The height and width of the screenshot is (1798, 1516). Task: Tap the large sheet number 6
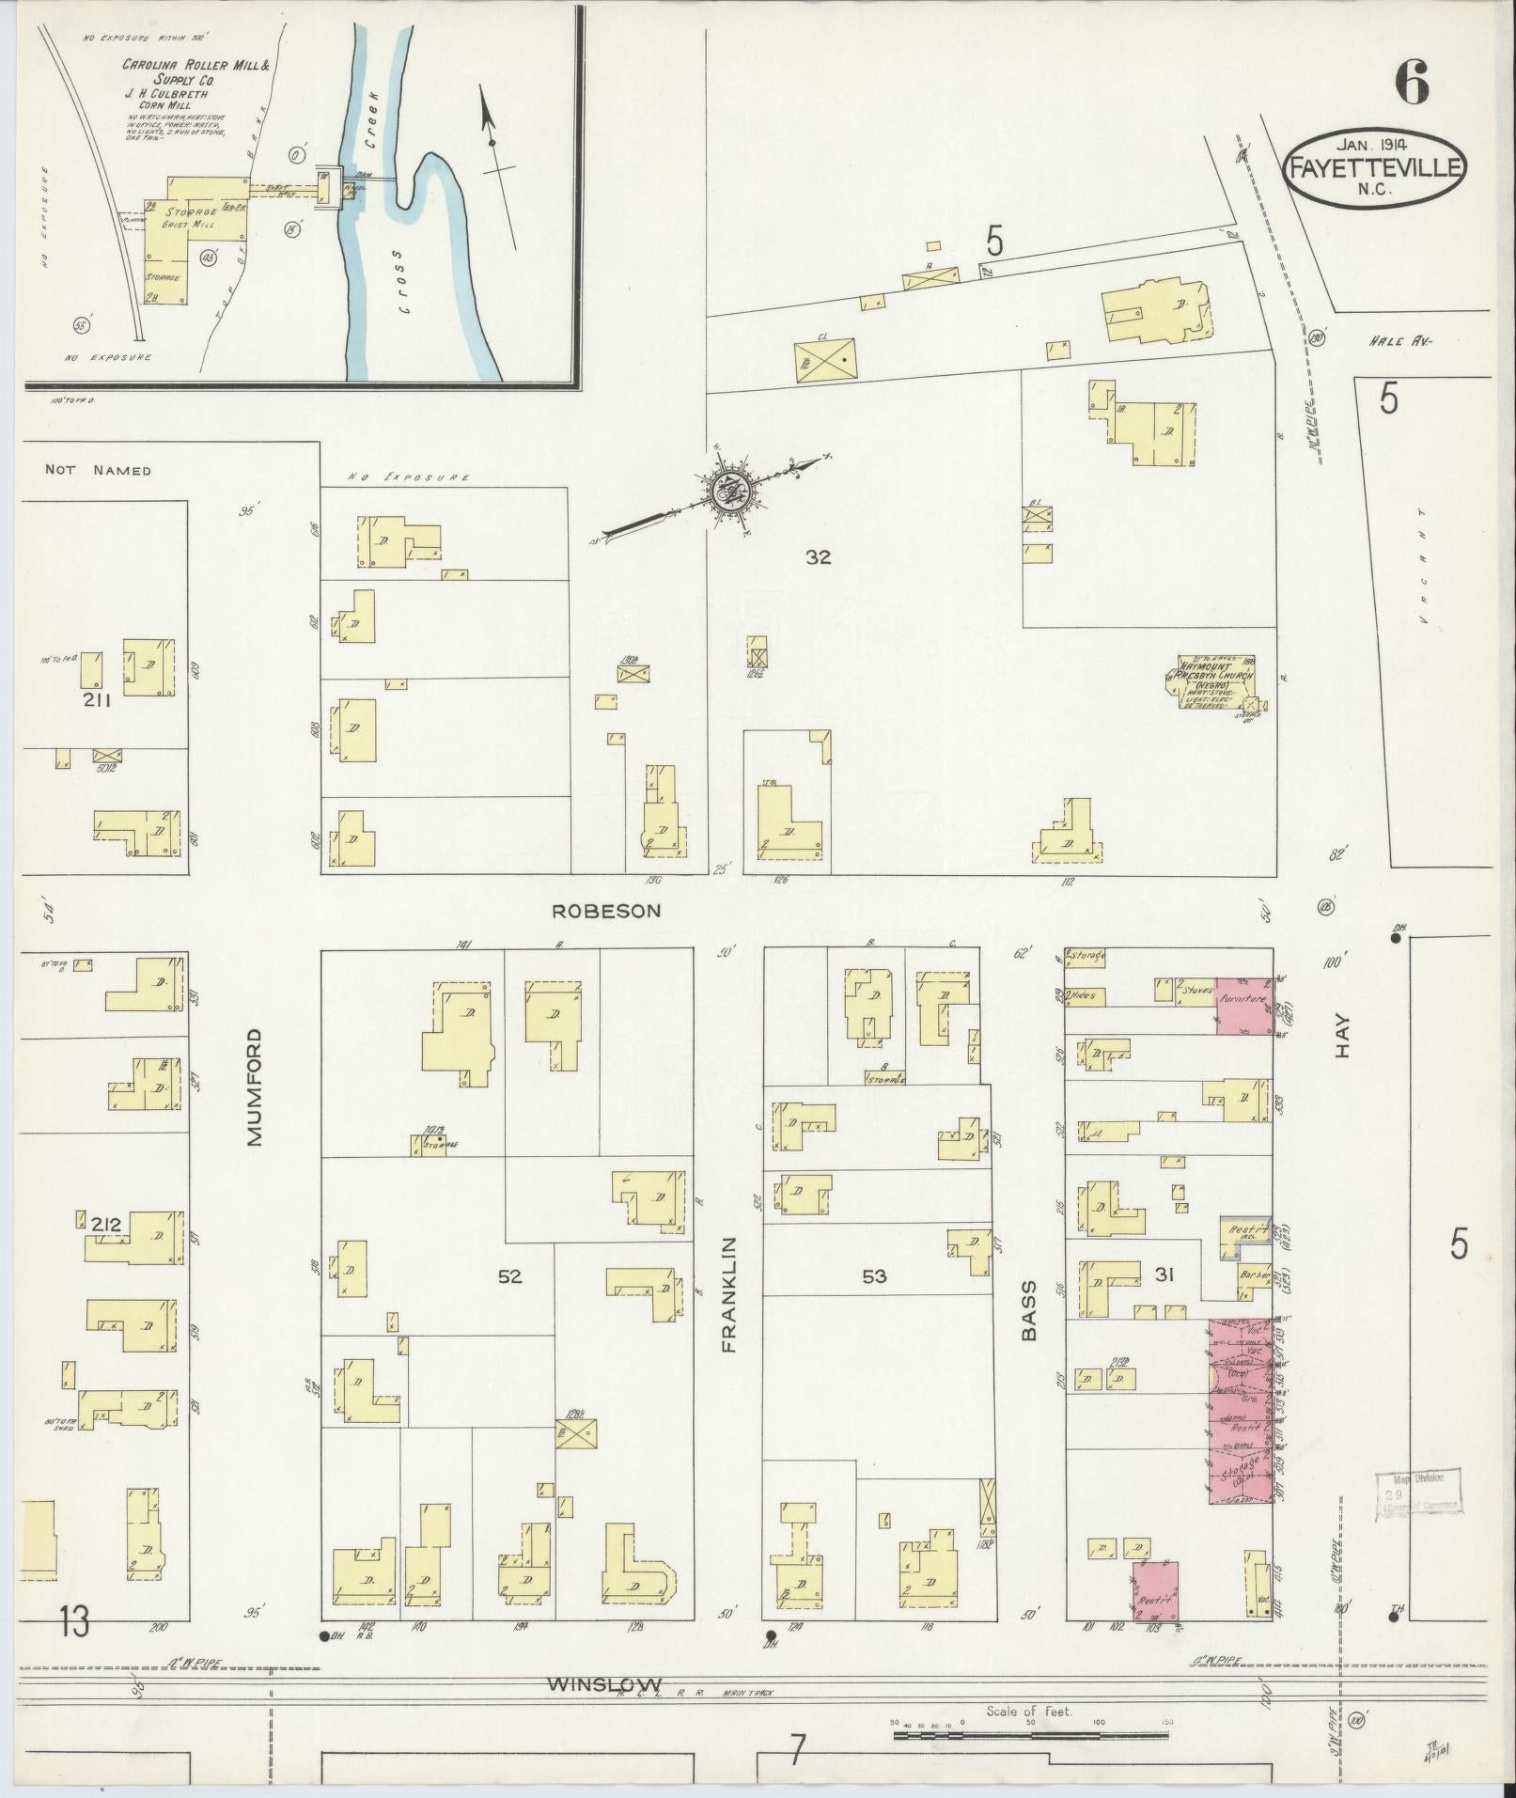click(1412, 83)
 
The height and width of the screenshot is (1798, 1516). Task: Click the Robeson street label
click(606, 911)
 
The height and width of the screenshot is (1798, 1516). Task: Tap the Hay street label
click(1341, 1035)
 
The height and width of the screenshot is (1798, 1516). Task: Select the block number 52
click(509, 1276)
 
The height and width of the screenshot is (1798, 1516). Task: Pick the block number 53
click(874, 1276)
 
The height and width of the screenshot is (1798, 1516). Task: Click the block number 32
click(818, 557)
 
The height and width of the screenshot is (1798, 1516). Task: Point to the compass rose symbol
click(726, 489)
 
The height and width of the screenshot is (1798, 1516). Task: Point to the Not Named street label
click(98, 470)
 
